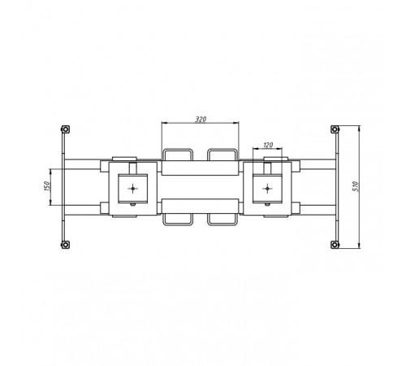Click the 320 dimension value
(201, 119)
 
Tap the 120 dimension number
(268, 145)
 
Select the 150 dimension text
(46, 186)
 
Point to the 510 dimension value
(356, 186)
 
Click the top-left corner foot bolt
(65, 129)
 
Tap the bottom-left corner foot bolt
(65, 245)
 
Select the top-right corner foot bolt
(335, 129)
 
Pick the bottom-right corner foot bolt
(335, 245)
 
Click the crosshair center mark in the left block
(132, 188)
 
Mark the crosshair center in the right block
(267, 188)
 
